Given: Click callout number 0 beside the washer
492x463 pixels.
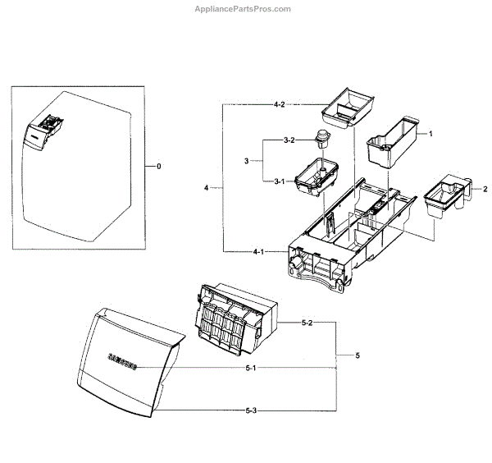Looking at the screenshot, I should point(159,166).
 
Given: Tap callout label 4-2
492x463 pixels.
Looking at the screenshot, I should point(280,104).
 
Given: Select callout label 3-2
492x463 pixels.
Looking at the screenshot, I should point(289,140).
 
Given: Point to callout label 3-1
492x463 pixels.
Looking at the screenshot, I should point(280,181).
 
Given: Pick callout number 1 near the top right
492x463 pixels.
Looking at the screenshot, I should point(430,132).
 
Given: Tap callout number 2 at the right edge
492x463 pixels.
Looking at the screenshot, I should point(485,189).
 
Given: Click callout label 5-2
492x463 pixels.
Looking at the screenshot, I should point(308,323).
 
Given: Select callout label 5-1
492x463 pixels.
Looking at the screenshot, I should point(252,367).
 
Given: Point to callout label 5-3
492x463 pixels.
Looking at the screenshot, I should point(252,410).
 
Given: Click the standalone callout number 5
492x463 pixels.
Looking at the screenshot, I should point(357,355).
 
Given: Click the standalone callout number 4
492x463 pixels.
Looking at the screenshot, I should point(207,188).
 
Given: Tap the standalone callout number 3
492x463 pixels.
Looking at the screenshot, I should point(246,161).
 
